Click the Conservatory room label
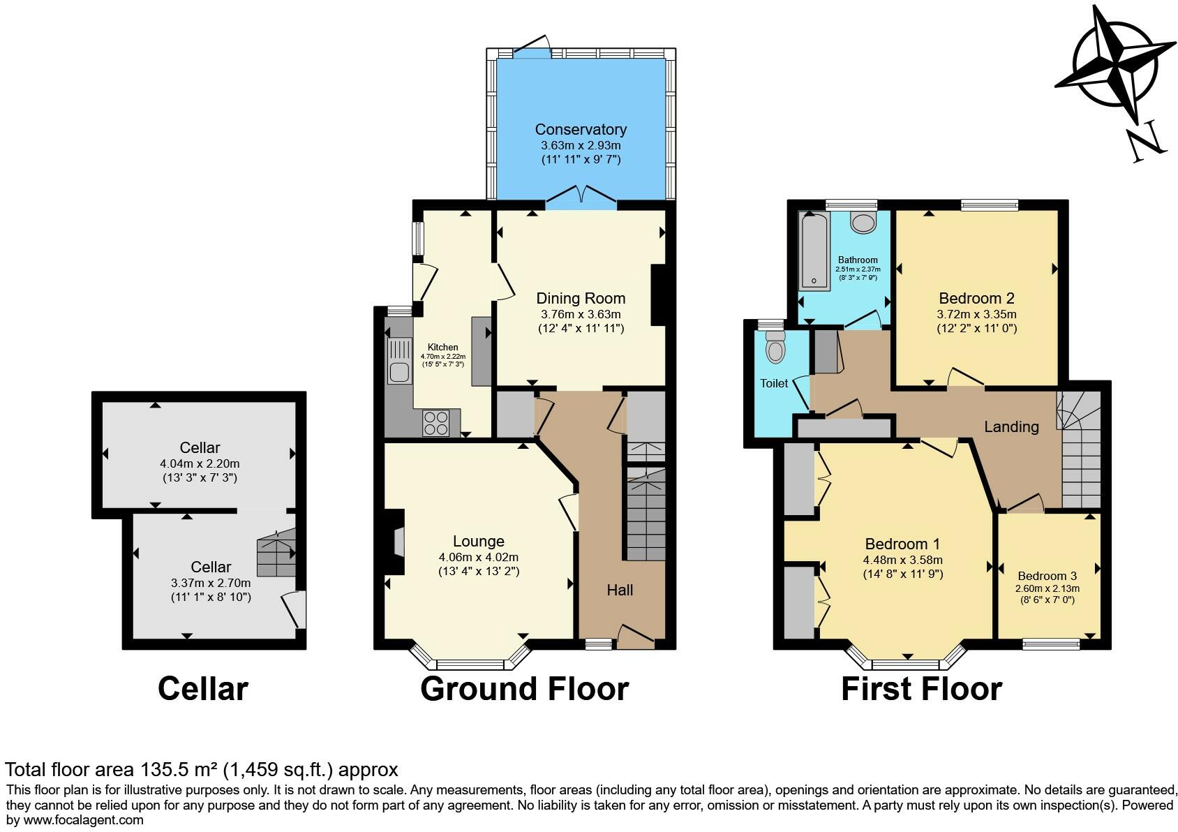[x=581, y=129]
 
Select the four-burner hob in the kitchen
[x=437, y=423]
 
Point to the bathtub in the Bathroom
[x=814, y=251]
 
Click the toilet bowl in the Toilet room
[x=775, y=348]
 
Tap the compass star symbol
[x=1110, y=66]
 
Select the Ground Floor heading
[x=524, y=689]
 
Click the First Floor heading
[x=921, y=689]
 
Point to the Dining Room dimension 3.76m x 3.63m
[x=581, y=314]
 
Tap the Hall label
[x=620, y=590]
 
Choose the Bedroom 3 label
[x=1047, y=576]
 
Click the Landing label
[x=1011, y=426]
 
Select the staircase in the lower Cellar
[x=277, y=553]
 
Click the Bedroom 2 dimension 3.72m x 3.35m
[x=976, y=314]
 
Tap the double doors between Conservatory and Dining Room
[x=581, y=198]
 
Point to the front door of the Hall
[x=635, y=637]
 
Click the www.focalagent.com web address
[x=84, y=819]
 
